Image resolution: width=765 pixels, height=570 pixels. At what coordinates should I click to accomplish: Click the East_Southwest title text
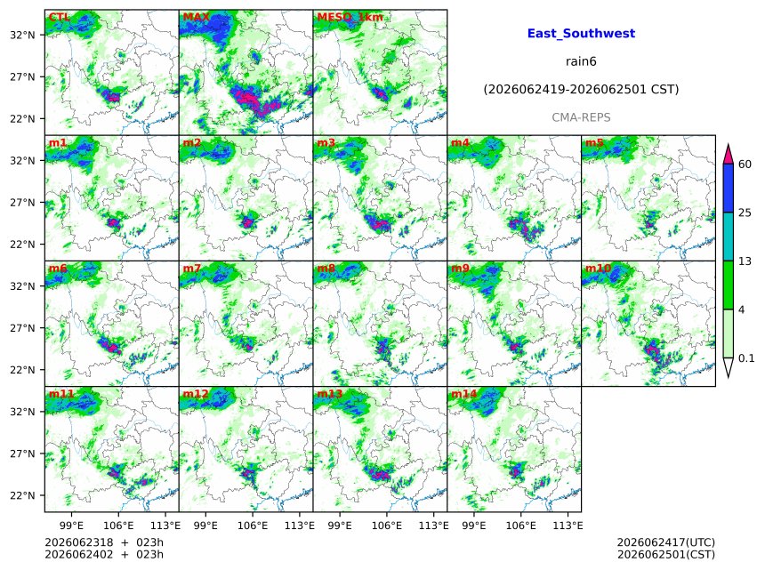point(581,34)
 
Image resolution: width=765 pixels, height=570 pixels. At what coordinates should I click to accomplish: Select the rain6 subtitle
point(581,61)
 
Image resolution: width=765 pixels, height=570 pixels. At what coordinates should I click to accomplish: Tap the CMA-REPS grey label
point(581,117)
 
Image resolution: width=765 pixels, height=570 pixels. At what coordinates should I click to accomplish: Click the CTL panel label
point(59,18)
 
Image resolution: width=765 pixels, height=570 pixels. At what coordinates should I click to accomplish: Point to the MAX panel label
point(196,18)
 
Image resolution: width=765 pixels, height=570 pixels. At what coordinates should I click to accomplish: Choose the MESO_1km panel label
point(350,18)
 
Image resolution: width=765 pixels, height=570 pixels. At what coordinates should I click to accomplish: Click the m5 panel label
point(594,143)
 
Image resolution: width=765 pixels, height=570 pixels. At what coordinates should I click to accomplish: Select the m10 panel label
point(598,269)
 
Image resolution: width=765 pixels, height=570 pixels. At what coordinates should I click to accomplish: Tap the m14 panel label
point(463,394)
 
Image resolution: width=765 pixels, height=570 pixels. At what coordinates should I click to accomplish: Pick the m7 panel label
point(192,269)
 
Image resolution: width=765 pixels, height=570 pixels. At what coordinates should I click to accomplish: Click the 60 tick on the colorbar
point(745,165)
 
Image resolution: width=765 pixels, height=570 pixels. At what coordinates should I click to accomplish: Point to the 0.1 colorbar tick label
point(746,358)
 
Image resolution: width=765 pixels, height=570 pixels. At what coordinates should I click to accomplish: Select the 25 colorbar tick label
point(745,213)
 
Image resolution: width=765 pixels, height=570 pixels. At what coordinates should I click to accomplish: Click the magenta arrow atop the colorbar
point(729,155)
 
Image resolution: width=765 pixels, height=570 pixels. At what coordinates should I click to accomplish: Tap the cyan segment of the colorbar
point(729,237)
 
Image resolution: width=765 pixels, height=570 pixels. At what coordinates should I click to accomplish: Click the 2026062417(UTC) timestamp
point(666,542)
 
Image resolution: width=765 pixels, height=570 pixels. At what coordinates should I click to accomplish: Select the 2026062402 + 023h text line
point(104,555)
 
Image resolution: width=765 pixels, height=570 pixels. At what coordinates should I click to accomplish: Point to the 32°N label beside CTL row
point(23,35)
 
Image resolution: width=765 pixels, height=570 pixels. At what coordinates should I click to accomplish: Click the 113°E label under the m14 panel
point(568,526)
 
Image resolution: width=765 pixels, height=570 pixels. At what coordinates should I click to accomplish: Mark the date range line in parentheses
point(581,90)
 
